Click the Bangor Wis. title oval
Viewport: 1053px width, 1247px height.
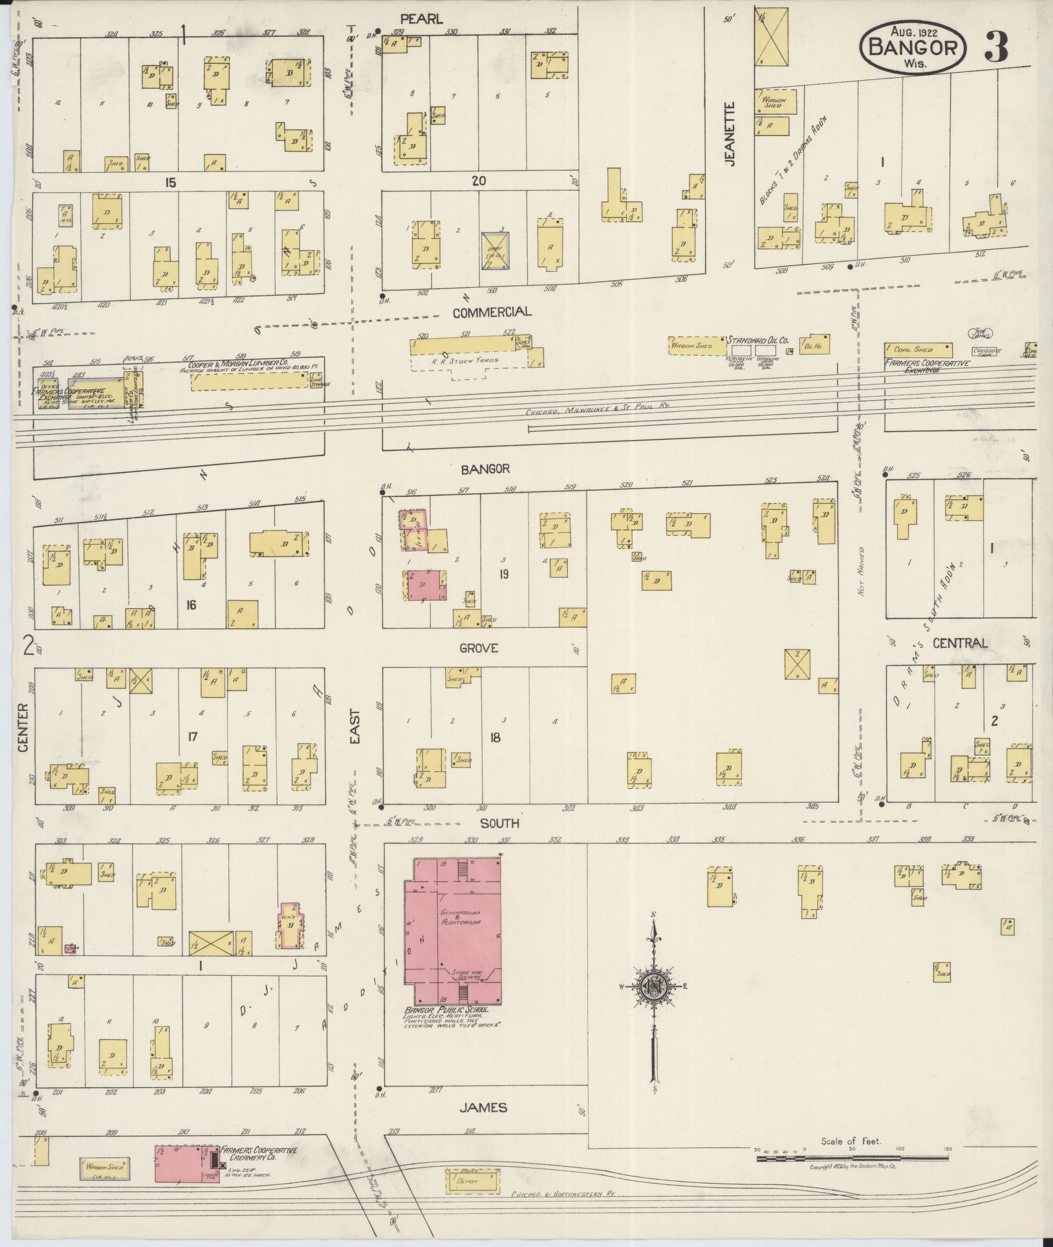pyautogui.click(x=913, y=46)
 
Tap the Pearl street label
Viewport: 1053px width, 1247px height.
pyautogui.click(x=421, y=19)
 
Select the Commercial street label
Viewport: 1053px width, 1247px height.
pyautogui.click(x=492, y=312)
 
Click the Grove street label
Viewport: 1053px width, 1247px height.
pyautogui.click(x=479, y=648)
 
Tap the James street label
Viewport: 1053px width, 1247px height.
pyautogui.click(x=483, y=1107)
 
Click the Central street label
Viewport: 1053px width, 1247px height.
pyautogui.click(x=961, y=643)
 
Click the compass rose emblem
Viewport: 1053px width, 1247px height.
pyautogui.click(x=655, y=1003)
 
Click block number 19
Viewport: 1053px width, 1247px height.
pyautogui.click(x=503, y=573)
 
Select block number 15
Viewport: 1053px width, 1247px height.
pyautogui.click(x=169, y=183)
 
